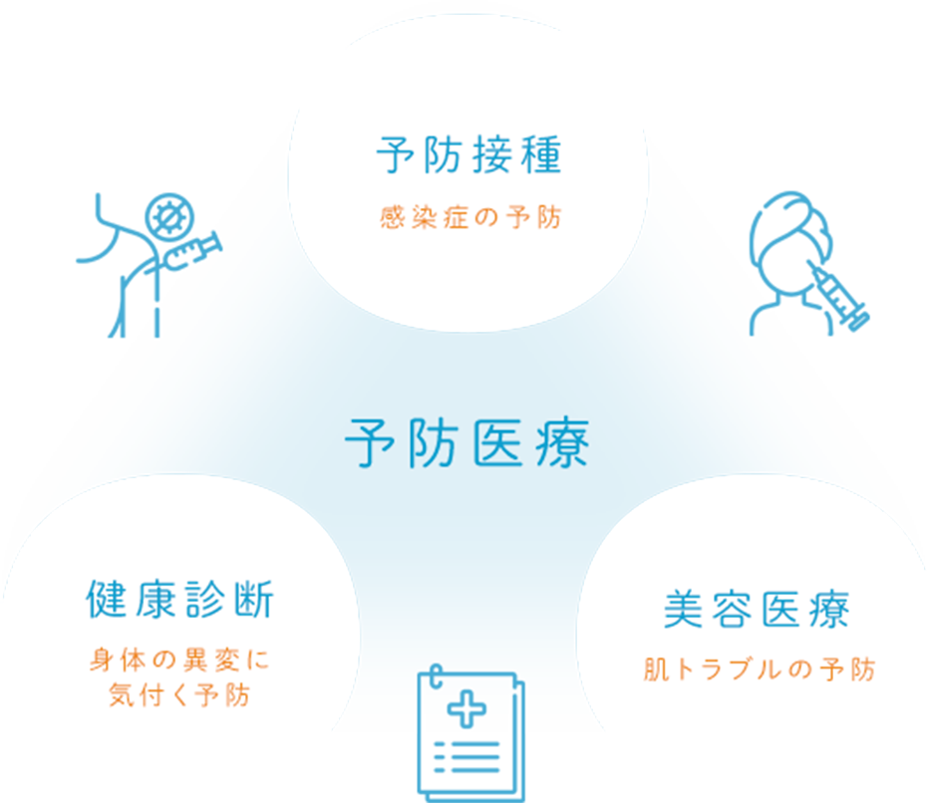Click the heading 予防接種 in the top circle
469,156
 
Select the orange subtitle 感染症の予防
469,218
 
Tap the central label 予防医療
468,443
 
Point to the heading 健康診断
179,601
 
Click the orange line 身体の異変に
179,661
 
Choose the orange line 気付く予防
179,695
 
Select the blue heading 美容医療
757,610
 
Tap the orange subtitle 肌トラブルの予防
759,669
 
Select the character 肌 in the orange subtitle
655,669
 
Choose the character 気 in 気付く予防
122,695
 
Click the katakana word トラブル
729,669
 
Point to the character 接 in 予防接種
493,156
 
